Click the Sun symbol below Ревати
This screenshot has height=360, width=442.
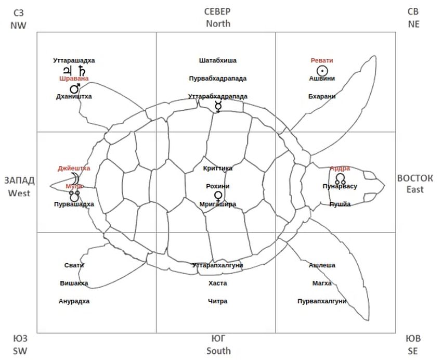click(322, 70)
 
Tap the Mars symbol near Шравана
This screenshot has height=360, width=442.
click(74, 88)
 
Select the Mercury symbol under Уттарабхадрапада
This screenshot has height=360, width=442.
click(218, 107)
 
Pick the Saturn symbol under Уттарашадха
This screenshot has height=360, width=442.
click(81, 70)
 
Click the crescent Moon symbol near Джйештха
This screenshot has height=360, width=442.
click(77, 177)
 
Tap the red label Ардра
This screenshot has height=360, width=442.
click(340, 168)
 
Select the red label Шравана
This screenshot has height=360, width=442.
click(74, 79)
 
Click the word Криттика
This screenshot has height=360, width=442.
click(218, 168)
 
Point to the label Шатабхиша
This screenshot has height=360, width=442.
click(218, 60)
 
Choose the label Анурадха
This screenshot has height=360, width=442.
click(74, 301)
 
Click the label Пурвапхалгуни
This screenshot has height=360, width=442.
click(322, 301)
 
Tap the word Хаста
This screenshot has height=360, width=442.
click(218, 284)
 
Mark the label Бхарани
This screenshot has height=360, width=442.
click(322, 96)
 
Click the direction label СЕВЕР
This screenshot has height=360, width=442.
click(218, 11)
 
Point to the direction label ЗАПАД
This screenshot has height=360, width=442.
click(19, 181)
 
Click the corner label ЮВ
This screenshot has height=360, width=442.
click(412, 339)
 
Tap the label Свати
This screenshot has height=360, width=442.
click(74, 265)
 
